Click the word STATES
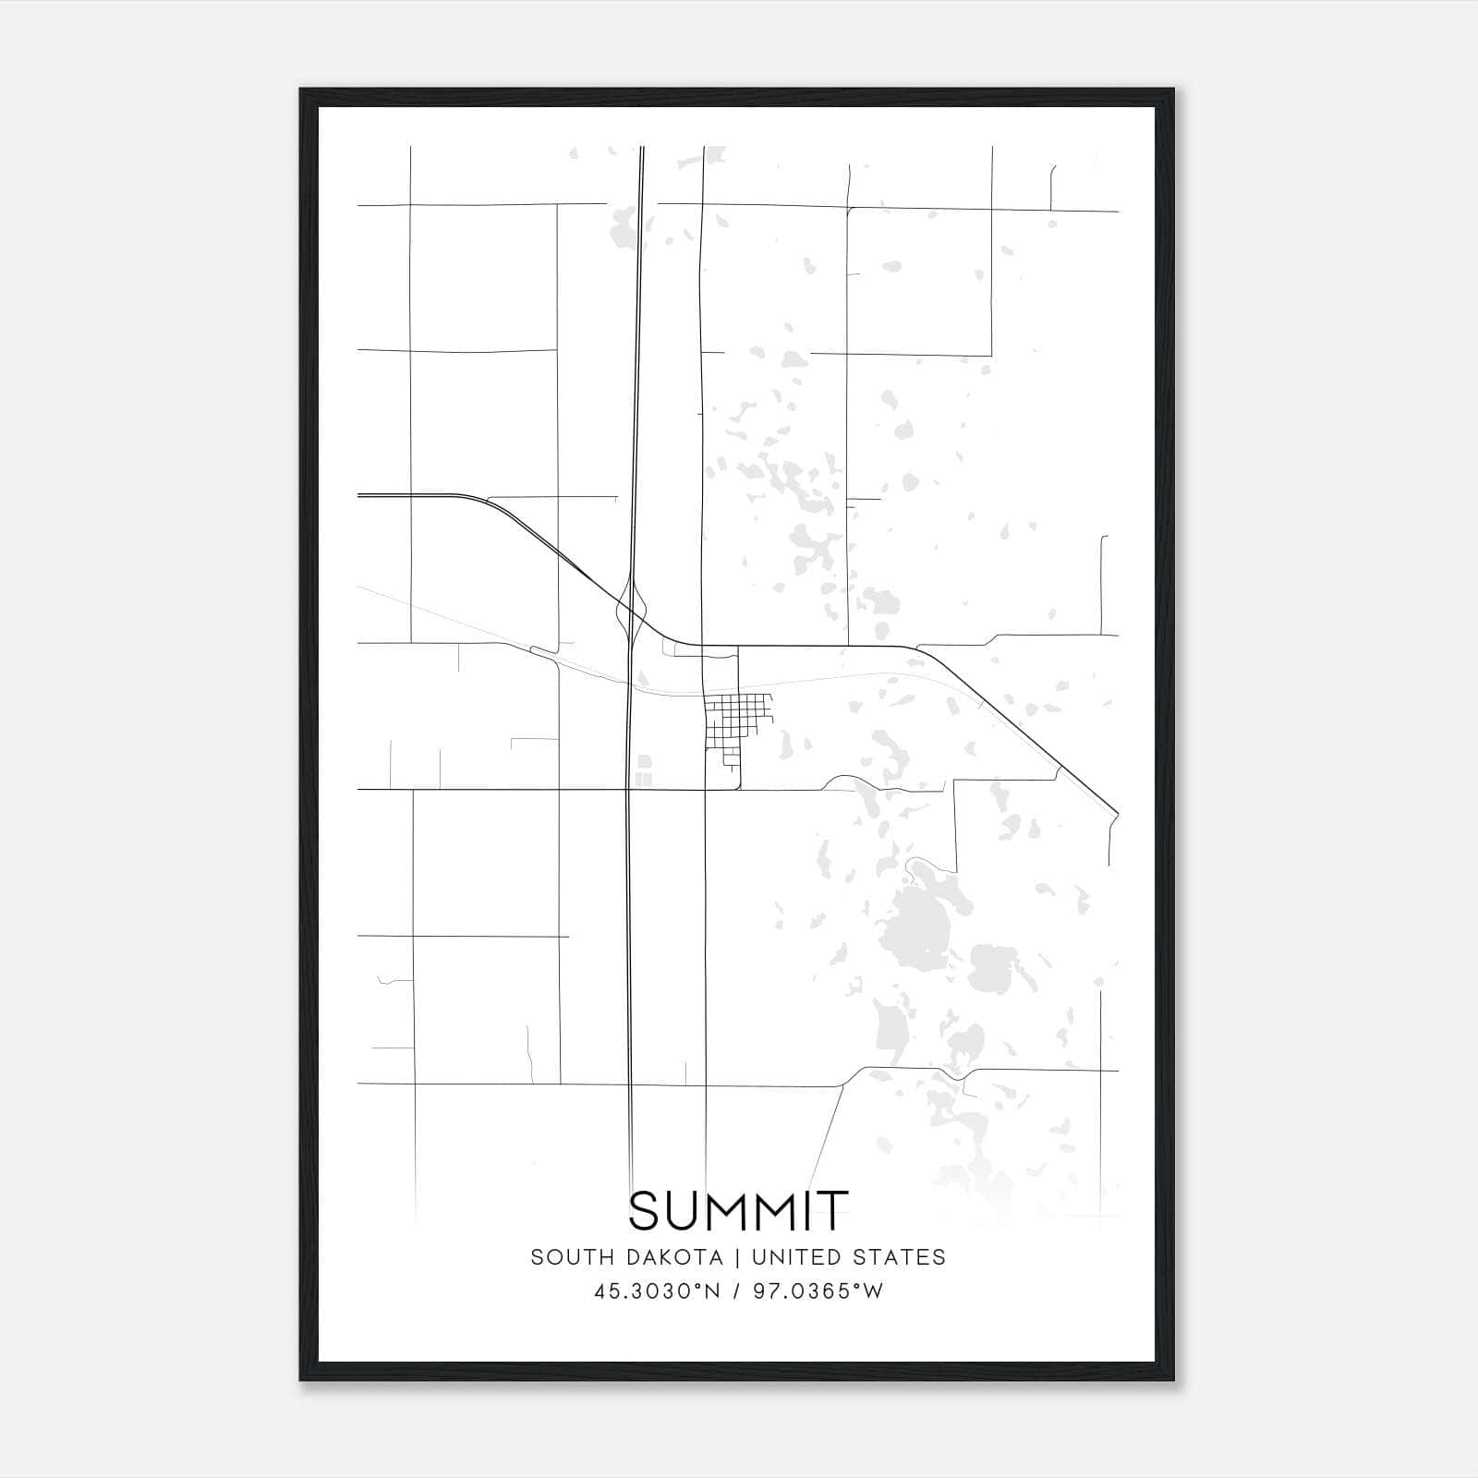tap(900, 1257)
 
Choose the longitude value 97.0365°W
tap(818, 1291)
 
